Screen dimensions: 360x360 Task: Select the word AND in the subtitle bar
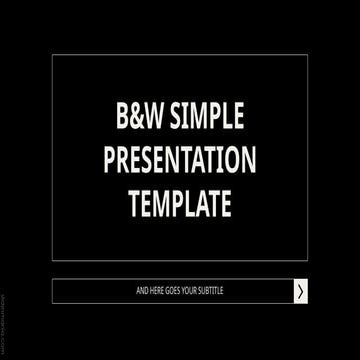142,291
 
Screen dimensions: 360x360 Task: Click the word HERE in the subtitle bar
157,291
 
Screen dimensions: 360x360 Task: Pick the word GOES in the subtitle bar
174,291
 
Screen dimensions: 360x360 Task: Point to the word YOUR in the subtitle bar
191,291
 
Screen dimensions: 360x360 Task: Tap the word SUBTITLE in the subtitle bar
212,291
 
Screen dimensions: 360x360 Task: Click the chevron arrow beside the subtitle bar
299,291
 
